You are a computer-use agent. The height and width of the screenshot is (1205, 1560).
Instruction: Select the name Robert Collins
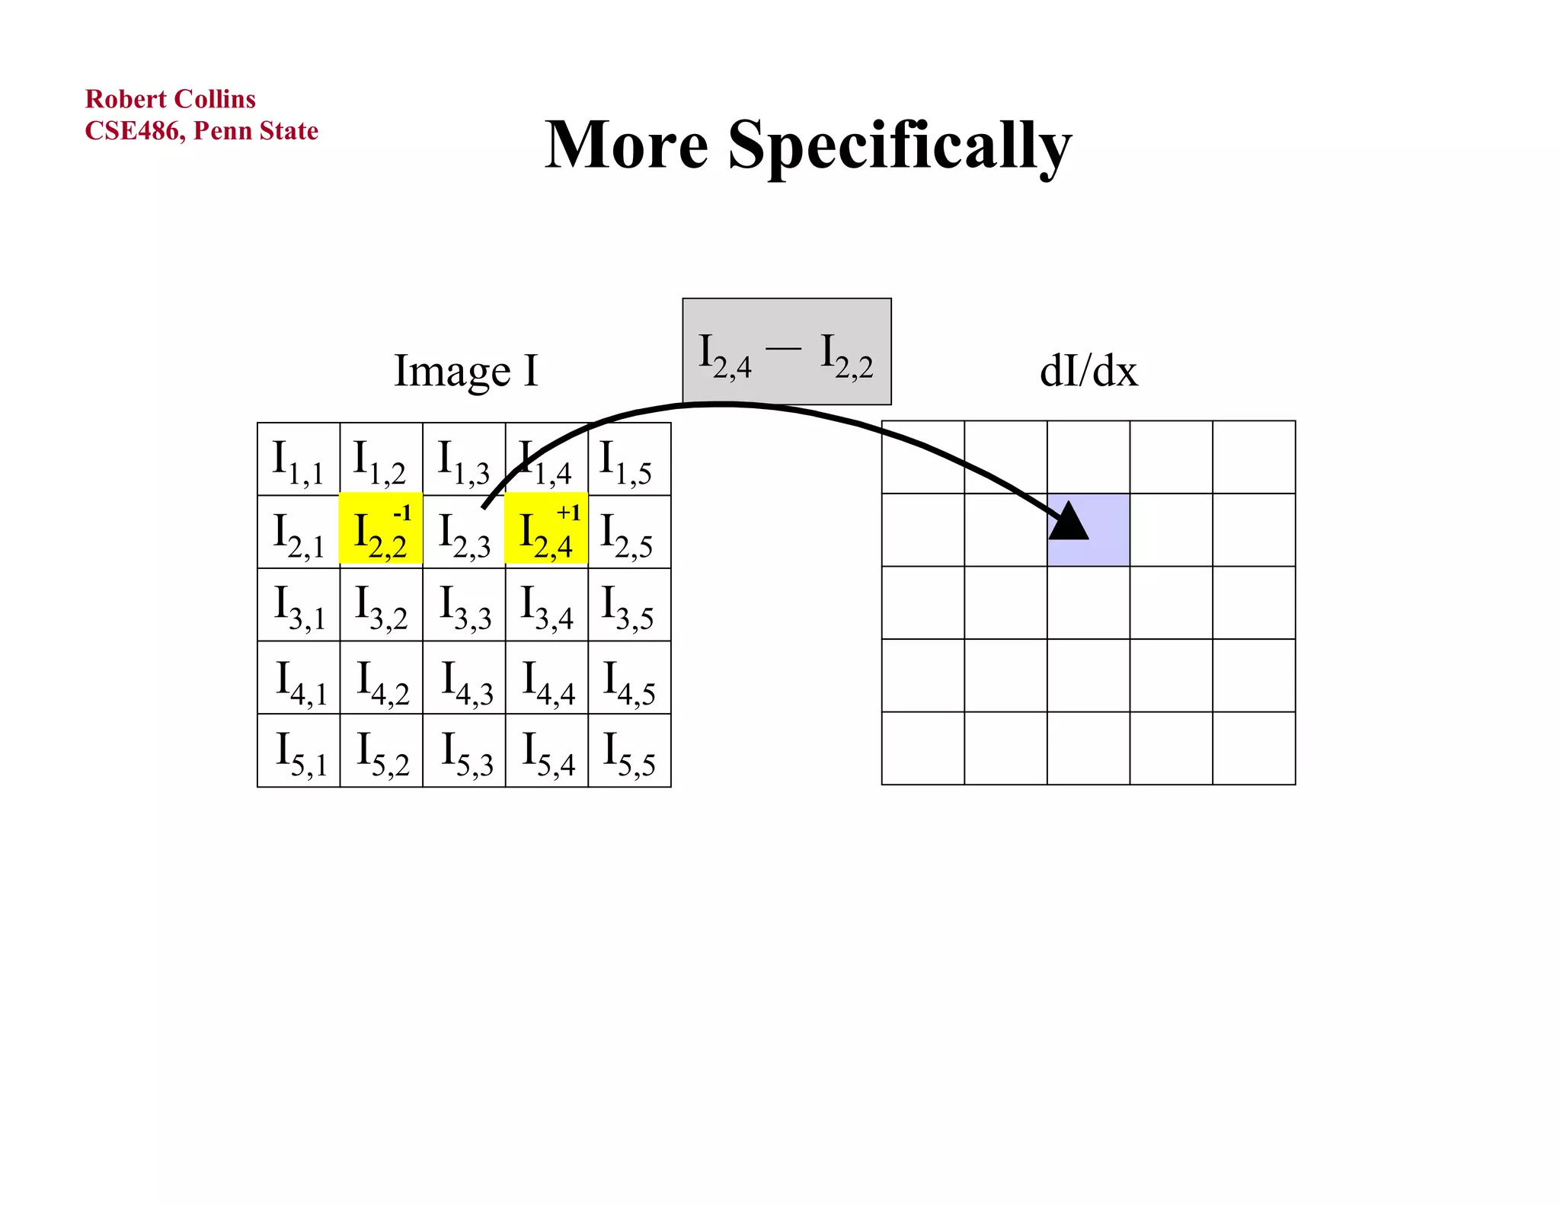coord(170,99)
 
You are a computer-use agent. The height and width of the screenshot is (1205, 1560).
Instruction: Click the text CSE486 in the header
coord(133,131)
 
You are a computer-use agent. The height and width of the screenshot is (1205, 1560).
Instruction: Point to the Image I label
coord(465,371)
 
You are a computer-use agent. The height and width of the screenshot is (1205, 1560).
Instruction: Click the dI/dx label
coord(1088,372)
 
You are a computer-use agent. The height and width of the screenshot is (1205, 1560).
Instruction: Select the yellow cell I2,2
coord(380,530)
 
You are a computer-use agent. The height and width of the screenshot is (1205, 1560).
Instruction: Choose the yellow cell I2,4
coord(546,530)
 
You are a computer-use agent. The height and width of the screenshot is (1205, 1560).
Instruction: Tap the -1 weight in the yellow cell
coord(402,513)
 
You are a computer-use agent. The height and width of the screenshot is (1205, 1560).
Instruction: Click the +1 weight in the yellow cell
coord(568,513)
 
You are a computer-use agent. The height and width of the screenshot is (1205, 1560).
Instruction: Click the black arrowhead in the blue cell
coord(1069,522)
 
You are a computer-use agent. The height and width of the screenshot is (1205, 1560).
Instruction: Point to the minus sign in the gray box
coord(784,349)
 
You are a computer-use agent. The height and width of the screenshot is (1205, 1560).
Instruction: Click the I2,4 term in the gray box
coord(724,356)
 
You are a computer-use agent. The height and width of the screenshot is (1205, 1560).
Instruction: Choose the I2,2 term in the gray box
coord(846,356)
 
